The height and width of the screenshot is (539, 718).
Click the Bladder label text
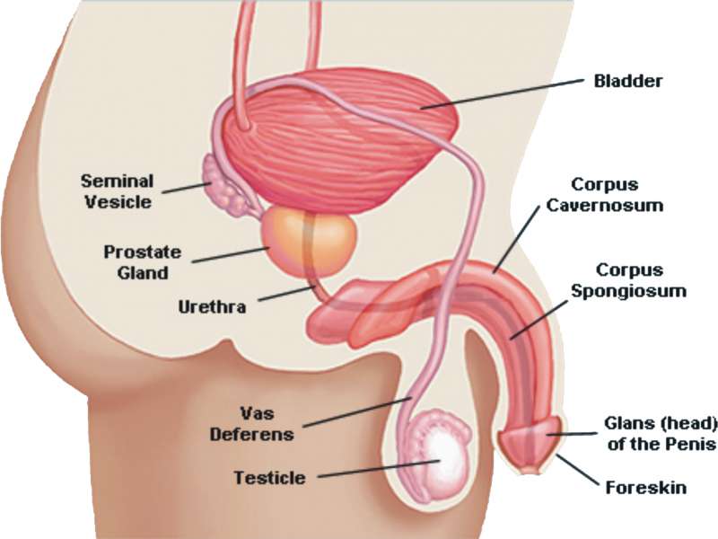(x=628, y=82)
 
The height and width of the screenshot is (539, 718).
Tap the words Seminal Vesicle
(x=118, y=190)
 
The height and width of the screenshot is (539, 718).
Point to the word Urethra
(x=212, y=305)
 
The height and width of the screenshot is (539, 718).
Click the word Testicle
(x=271, y=476)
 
